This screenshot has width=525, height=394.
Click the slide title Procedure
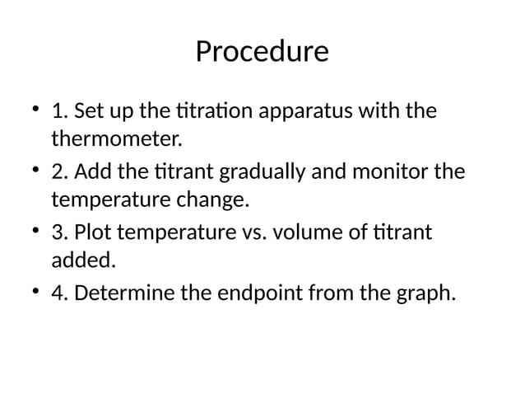coord(262,52)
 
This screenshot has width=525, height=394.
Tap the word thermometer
coord(114,138)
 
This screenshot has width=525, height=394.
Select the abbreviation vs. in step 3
coord(249,234)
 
